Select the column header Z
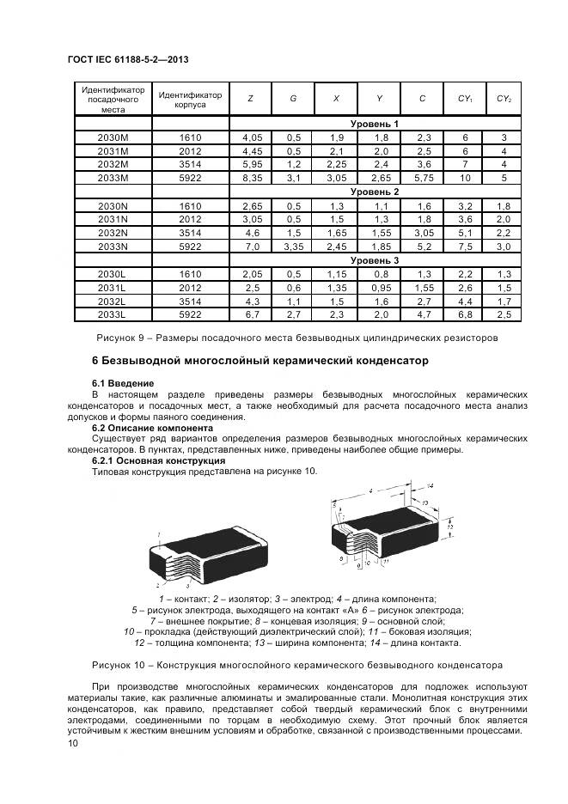click(250, 99)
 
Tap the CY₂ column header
click(504, 99)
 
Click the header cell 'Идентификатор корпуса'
click(190, 99)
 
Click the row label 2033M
click(113, 177)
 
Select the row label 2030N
click(113, 205)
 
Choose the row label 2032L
click(113, 301)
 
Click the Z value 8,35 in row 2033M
click(250, 177)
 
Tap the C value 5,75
click(421, 177)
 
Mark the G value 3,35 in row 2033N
click(293, 246)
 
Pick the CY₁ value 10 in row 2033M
click(465, 177)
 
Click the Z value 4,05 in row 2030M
click(250, 137)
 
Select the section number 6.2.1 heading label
click(105, 460)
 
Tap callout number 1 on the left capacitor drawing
click(159, 534)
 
